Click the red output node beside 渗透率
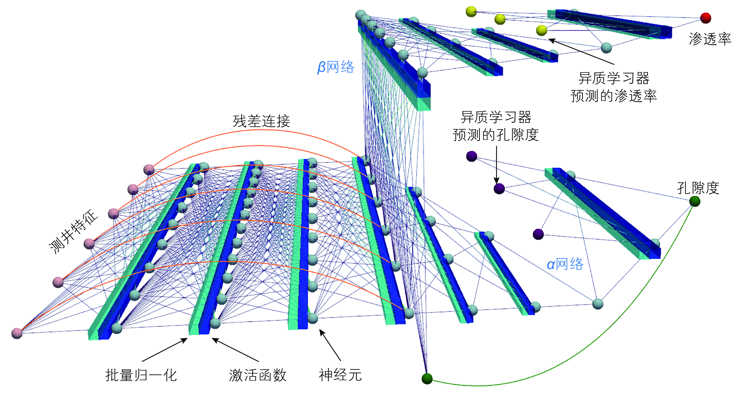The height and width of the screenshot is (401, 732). click(x=705, y=18)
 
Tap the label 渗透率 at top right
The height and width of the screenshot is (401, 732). click(x=710, y=39)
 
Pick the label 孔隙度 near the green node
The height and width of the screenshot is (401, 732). click(x=698, y=188)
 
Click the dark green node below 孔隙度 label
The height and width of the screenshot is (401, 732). click(x=694, y=201)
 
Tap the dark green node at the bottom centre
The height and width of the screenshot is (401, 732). click(x=427, y=379)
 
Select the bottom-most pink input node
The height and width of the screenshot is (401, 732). click(x=17, y=333)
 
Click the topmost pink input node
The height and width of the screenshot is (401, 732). click(x=149, y=170)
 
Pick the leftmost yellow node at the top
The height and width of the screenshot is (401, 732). click(x=471, y=11)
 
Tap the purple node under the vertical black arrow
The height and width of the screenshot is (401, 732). click(x=499, y=188)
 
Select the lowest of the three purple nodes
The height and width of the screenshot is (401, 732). click(x=538, y=234)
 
